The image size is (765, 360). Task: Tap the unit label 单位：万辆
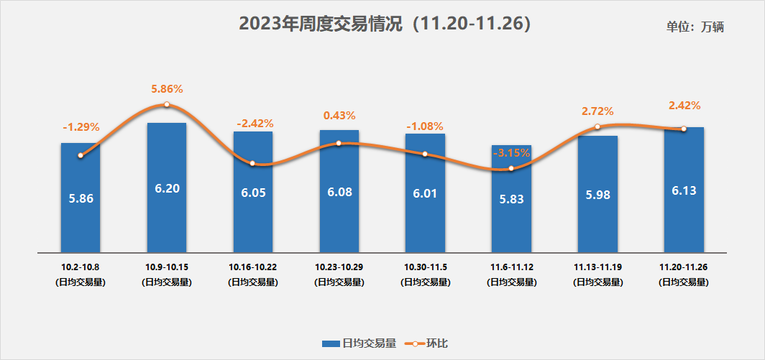click(695, 27)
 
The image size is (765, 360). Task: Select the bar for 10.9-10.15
click(167, 216)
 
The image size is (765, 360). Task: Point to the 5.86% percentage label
click(167, 89)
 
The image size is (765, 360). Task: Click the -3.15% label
click(511, 152)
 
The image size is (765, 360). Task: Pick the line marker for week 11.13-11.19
click(597, 127)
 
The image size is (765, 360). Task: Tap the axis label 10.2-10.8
click(81, 267)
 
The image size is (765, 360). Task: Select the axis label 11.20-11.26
click(684, 267)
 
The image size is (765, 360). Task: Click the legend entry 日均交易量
click(359, 343)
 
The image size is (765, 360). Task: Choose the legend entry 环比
click(426, 343)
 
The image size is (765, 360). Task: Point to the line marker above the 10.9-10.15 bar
click(167, 104)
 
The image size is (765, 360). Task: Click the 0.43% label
click(339, 115)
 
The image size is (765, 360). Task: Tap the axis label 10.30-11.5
click(425, 267)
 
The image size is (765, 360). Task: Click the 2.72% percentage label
click(597, 111)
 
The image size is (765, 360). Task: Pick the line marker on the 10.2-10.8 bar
click(81, 155)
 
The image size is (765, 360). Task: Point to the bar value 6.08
click(339, 193)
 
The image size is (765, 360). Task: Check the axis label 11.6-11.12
click(511, 267)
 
